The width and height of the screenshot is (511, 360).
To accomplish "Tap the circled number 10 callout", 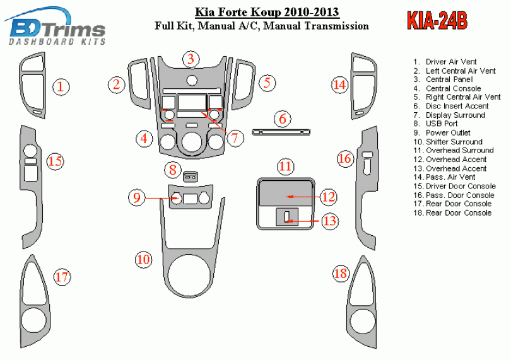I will tap(143, 258).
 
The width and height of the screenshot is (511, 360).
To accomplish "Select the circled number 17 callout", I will tap(61, 276).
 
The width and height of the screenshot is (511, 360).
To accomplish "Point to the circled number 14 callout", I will tap(340, 85).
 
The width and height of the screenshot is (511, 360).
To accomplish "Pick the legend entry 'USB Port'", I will tap(442, 124).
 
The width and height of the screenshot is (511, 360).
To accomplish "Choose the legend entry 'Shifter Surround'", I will tap(454, 142).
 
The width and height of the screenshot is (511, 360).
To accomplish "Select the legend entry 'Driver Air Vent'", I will tap(450, 62).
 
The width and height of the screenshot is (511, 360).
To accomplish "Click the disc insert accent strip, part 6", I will tap(281, 132).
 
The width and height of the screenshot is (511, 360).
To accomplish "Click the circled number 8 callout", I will tap(172, 169).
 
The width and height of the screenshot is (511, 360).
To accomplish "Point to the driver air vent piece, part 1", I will tap(32, 85).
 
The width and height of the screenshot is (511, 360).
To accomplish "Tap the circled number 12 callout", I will tap(329, 197).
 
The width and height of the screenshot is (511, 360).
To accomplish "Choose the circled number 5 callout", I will tap(267, 82).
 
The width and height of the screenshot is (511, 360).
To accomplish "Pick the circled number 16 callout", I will tap(344, 159).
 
